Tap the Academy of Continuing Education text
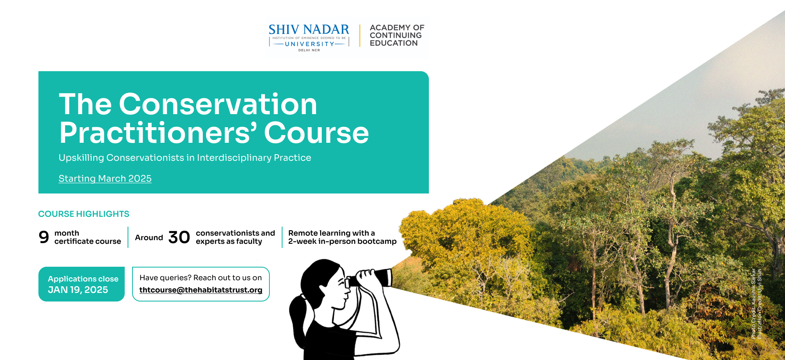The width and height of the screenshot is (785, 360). (397, 35)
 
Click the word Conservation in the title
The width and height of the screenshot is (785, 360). (218, 104)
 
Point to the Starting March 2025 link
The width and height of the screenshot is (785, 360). (105, 178)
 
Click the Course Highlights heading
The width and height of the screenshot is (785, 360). (84, 214)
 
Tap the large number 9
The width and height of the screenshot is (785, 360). (44, 237)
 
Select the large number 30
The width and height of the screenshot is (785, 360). (179, 237)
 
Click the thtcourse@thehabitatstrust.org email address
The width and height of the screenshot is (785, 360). (201, 290)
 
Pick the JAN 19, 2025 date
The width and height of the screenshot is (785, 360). (78, 290)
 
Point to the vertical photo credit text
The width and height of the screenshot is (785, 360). (756, 304)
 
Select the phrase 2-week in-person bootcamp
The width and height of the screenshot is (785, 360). (342, 241)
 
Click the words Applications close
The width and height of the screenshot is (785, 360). (83, 279)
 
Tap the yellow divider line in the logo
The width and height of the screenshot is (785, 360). (360, 36)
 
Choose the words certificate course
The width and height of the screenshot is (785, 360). (87, 241)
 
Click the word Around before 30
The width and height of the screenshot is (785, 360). (149, 238)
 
